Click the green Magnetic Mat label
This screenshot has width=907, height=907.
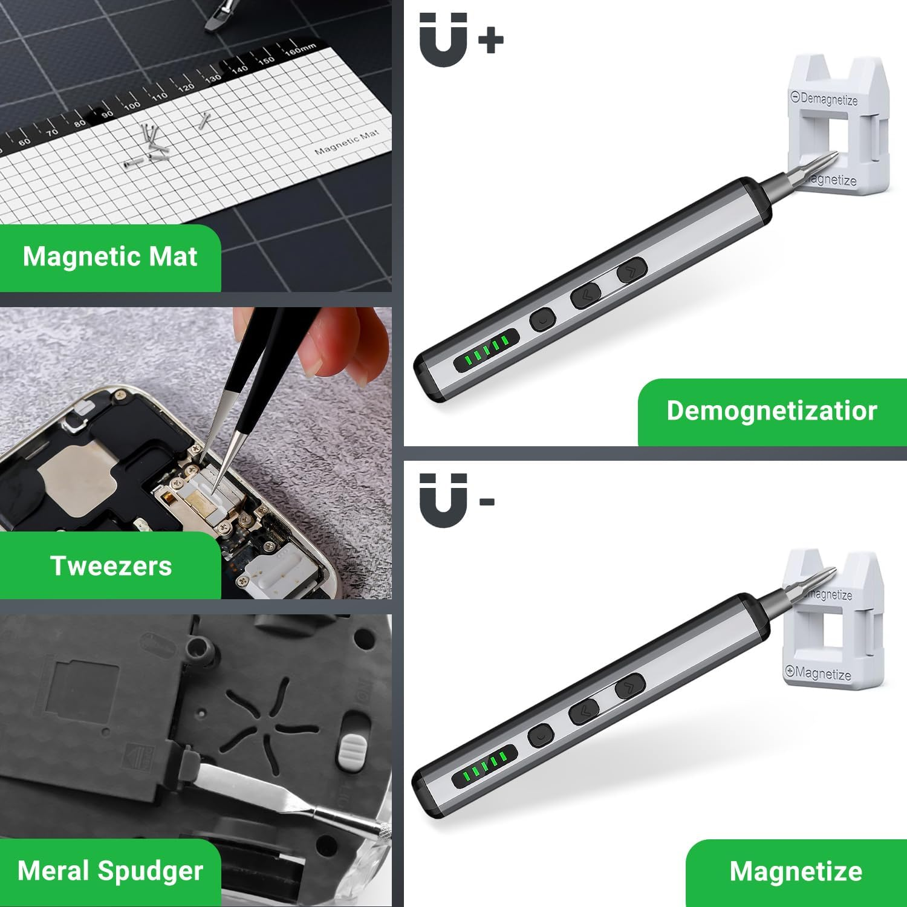coord(110,257)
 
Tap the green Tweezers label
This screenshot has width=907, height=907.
coord(111,566)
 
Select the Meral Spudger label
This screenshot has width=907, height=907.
coord(110,871)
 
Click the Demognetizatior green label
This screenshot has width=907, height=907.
coord(772,411)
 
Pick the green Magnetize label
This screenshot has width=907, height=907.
coord(796,872)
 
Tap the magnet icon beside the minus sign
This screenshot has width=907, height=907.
coord(443,501)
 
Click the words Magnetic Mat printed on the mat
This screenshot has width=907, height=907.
coord(346,143)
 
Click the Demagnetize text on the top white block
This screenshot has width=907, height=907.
coord(825,99)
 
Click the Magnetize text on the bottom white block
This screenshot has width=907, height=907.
coord(819,672)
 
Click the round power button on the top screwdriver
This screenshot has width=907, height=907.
coord(542,319)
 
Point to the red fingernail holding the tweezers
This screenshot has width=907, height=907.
coord(314,363)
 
